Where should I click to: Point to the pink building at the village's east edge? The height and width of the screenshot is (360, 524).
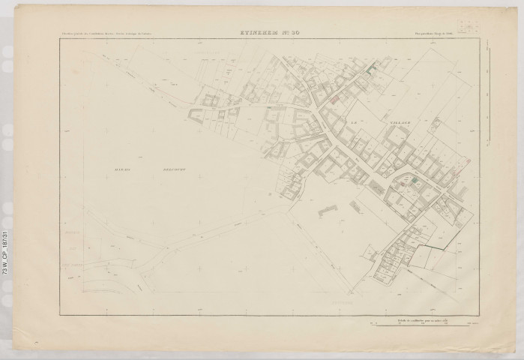point(466,160)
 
